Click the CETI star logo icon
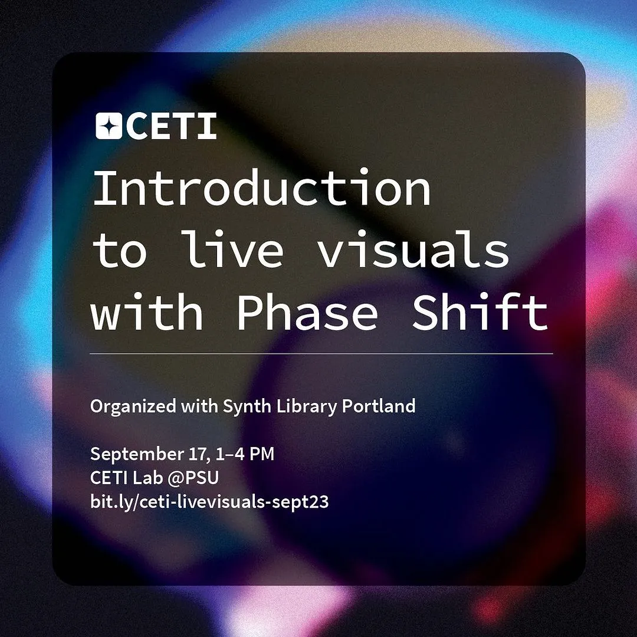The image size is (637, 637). pyautogui.click(x=109, y=126)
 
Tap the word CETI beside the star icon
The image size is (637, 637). pyautogui.click(x=172, y=126)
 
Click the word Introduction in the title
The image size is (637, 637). pyautogui.click(x=262, y=188)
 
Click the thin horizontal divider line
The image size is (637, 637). pyautogui.click(x=321, y=354)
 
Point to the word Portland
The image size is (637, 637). pyautogui.click(x=379, y=406)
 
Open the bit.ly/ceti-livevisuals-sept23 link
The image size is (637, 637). pyautogui.click(x=209, y=503)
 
